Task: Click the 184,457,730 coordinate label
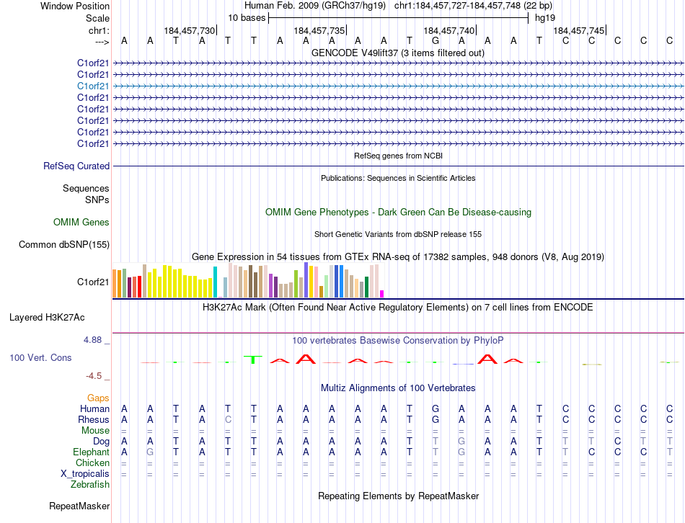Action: (x=190, y=30)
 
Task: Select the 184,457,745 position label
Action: (x=579, y=30)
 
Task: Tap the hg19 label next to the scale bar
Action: (x=544, y=18)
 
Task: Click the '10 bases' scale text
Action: (x=247, y=18)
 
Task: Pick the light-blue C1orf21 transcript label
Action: (x=94, y=86)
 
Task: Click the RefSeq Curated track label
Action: (x=76, y=166)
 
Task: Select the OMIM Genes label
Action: (x=81, y=222)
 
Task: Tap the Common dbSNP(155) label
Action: (x=64, y=244)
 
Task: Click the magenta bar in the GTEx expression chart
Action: (x=382, y=293)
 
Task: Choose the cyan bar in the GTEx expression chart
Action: (x=215, y=282)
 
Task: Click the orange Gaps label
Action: (x=98, y=398)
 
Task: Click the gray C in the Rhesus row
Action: (x=228, y=419)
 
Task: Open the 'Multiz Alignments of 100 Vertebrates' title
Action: (x=398, y=388)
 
